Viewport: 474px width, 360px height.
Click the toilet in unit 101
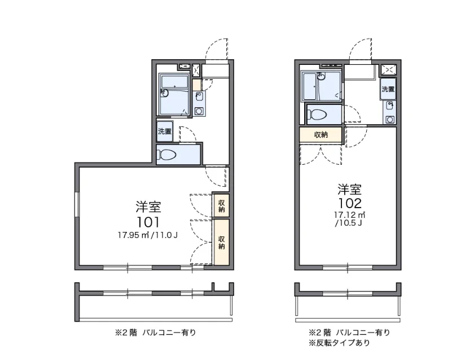(x=166, y=155)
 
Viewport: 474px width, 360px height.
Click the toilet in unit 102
(x=317, y=115)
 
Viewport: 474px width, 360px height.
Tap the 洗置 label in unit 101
(x=165, y=131)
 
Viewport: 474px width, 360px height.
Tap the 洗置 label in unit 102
(x=388, y=89)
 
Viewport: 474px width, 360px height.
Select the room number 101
(x=148, y=222)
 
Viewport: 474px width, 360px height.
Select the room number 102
(x=350, y=203)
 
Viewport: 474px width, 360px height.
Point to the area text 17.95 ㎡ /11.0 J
(x=147, y=235)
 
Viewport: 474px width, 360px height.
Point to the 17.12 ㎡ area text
(x=350, y=215)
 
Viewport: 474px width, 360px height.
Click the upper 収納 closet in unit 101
(x=222, y=206)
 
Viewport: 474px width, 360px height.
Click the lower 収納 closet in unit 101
(x=222, y=243)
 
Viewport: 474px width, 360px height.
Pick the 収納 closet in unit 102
(x=321, y=135)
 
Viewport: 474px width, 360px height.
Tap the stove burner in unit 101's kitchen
(x=199, y=111)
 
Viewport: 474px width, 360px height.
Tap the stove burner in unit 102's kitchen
(x=390, y=120)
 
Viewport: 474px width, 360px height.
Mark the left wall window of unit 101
(x=77, y=204)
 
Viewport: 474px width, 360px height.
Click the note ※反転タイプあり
(x=339, y=343)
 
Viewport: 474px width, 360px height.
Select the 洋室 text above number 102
(x=350, y=190)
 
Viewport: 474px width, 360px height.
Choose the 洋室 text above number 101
(x=148, y=207)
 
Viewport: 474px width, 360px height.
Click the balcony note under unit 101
(x=155, y=333)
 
